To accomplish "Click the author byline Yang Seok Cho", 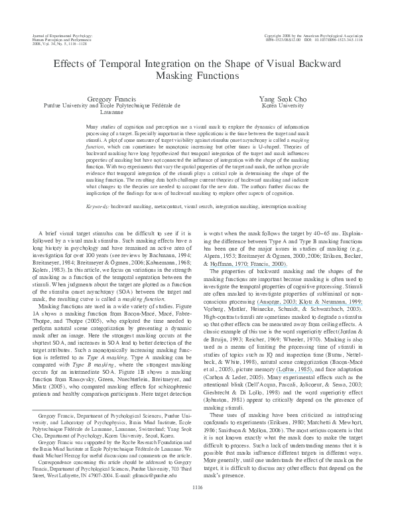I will click(x=269, y=97).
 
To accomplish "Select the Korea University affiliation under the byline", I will click(x=269, y=105).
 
